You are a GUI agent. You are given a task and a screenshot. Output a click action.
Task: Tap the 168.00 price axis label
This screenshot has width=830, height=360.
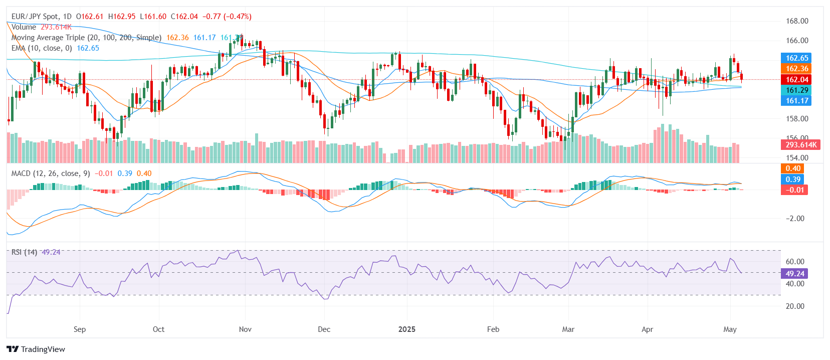[x=797, y=21]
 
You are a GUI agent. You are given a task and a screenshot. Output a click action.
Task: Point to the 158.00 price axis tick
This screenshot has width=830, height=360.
[x=797, y=119]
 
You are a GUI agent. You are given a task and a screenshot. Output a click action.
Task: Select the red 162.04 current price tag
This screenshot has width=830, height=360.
[x=797, y=79]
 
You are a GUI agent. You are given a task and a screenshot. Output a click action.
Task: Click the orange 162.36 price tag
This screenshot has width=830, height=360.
[x=797, y=69]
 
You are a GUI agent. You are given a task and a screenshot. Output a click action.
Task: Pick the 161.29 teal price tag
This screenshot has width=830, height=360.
[x=797, y=90]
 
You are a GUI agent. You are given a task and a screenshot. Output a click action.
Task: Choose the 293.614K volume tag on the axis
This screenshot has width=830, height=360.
[x=801, y=145]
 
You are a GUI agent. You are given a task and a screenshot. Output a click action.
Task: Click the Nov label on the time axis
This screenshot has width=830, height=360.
[x=245, y=329]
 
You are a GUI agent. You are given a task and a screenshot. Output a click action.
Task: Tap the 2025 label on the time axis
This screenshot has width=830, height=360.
[x=406, y=329]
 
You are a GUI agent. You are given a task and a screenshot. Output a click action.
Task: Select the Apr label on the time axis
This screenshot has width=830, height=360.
[x=647, y=329]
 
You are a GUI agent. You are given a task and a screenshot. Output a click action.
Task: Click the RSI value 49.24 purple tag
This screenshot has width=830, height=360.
[x=795, y=274]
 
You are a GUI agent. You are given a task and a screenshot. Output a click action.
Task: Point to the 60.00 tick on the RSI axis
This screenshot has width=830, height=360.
[x=795, y=262]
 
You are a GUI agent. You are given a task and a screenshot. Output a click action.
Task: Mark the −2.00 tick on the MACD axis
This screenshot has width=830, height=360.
[x=795, y=219]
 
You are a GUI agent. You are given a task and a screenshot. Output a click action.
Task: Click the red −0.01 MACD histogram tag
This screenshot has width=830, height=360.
[x=794, y=190]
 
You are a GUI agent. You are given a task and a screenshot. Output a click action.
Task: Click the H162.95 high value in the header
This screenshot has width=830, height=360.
[x=122, y=17]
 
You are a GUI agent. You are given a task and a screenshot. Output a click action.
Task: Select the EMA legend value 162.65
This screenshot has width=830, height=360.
[x=88, y=48]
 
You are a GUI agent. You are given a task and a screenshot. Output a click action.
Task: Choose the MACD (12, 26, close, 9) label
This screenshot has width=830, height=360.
[x=51, y=173]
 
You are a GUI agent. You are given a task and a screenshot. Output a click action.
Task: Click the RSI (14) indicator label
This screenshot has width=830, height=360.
[x=24, y=252]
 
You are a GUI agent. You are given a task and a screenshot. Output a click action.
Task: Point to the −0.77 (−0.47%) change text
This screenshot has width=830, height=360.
[x=227, y=17]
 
